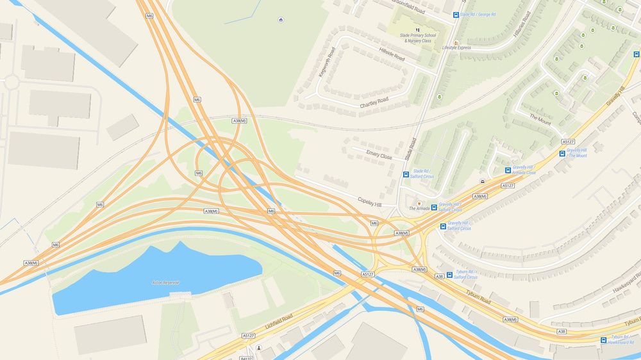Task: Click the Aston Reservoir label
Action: [165, 282]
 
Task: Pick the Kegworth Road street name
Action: [327, 62]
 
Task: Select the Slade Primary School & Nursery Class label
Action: [418, 38]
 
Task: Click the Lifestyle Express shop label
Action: [456, 47]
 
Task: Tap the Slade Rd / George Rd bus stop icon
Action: [456, 15]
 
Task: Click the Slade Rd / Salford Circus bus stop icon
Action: [406, 174]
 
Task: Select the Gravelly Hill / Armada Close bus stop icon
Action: [508, 170]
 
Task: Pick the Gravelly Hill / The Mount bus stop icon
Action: [562, 154]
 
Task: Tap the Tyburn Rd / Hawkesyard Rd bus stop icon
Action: [603, 340]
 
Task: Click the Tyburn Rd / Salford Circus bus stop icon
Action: [449, 275]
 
